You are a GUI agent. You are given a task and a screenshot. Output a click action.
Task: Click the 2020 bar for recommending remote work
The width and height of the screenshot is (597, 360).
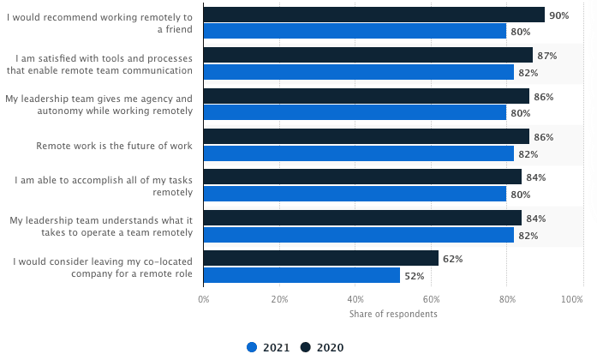tap(373, 15)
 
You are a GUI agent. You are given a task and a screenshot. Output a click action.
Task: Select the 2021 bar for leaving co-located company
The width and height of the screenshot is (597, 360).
tap(301, 275)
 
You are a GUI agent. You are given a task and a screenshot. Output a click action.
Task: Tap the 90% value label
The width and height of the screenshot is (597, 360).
tap(558, 15)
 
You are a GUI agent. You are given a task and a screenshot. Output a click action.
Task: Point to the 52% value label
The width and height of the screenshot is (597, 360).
tap(414, 276)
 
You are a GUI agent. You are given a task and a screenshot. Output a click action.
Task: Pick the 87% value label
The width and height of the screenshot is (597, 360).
tap(546, 56)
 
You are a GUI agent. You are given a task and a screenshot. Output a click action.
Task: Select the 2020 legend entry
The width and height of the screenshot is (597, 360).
tap(324, 347)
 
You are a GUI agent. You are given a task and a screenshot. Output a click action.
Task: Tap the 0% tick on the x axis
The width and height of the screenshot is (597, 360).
tap(204, 300)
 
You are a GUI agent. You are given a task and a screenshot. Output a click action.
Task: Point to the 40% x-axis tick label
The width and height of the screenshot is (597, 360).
tap(355, 300)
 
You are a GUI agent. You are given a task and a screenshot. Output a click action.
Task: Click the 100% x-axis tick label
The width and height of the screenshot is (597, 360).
tap(571, 300)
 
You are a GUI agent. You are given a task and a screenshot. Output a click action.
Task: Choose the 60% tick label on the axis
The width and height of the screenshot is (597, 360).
tap(431, 300)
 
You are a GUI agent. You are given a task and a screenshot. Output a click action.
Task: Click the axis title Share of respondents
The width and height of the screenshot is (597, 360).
tap(393, 315)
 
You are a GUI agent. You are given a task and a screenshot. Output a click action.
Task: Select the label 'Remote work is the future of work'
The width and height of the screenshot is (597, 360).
tap(114, 146)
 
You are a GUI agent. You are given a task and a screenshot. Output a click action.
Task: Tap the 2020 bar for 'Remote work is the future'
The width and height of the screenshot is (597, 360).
tap(366, 137)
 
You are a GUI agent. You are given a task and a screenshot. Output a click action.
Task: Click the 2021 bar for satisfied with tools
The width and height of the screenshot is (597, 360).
tap(358, 72)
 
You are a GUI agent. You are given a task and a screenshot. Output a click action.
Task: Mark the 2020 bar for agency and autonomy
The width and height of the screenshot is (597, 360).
tap(366, 96)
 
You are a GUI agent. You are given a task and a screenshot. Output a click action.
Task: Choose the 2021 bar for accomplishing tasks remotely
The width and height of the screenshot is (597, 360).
tap(355, 194)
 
